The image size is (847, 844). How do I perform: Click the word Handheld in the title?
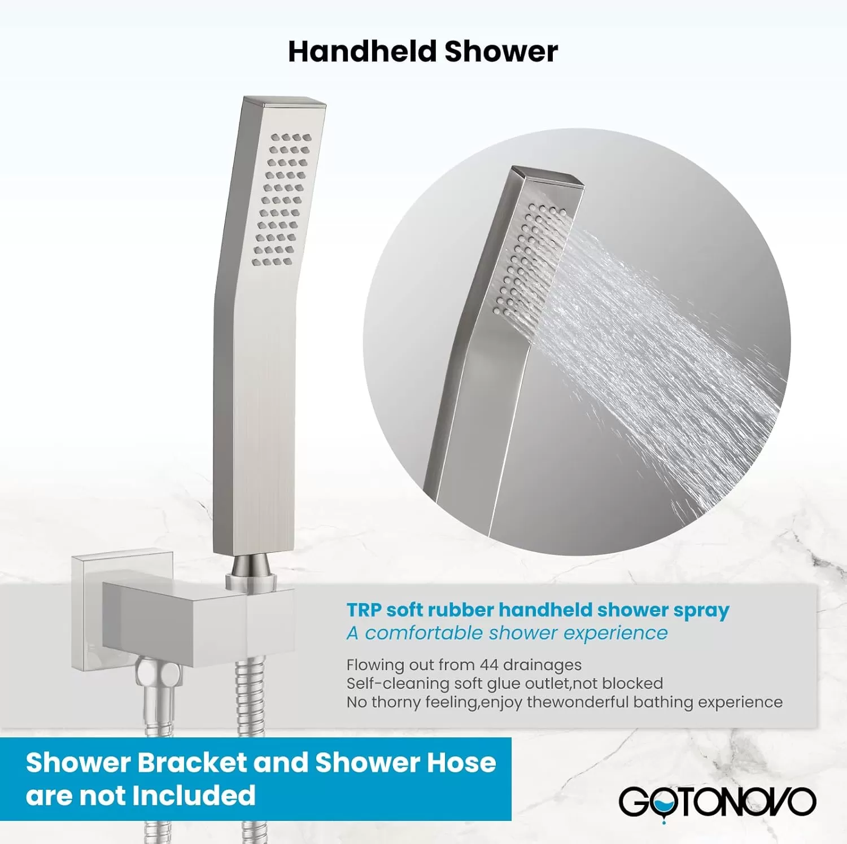click(x=363, y=51)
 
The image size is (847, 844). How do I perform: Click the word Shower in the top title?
click(x=501, y=51)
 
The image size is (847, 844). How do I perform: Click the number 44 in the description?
click(x=488, y=665)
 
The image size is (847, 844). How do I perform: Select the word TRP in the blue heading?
click(x=364, y=610)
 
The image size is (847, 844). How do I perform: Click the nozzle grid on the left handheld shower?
click(x=282, y=199)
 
